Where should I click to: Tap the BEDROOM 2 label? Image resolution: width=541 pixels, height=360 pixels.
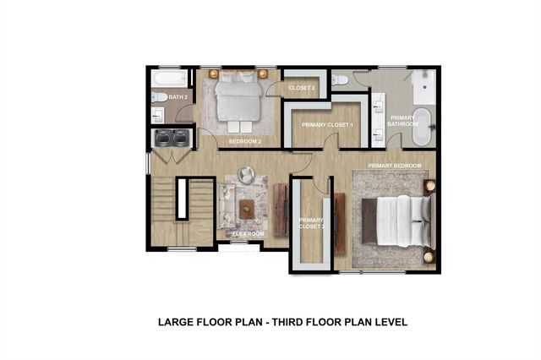click(x=245, y=141)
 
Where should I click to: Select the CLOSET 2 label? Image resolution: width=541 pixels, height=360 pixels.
click(x=302, y=88)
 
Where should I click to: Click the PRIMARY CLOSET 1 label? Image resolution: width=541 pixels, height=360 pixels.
click(x=327, y=125)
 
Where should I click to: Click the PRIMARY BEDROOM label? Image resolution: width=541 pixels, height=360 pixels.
click(x=395, y=166)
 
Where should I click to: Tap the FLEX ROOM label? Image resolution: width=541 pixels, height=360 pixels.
click(x=249, y=232)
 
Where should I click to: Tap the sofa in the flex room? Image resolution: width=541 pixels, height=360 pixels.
click(x=226, y=207)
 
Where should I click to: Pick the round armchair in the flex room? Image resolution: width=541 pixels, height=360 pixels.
click(x=245, y=174)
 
